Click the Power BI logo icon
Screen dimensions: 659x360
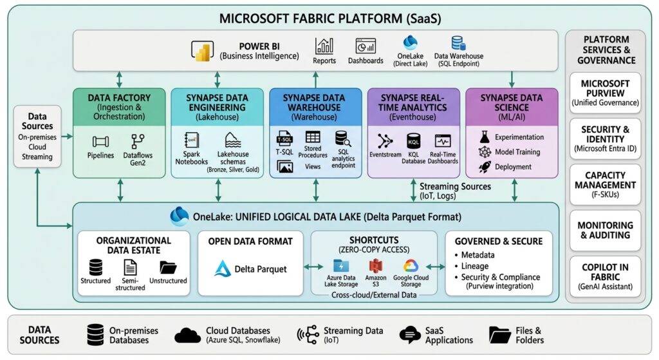202,51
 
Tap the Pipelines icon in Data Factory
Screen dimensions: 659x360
100,142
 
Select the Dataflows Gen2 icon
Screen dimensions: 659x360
138,141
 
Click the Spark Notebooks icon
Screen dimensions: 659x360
192,140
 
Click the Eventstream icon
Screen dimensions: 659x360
385,141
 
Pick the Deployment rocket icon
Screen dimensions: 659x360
485,167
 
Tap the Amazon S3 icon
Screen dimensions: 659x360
375,266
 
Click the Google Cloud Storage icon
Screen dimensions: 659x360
411,266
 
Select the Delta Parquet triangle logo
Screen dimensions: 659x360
222,269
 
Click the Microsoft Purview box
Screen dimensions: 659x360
605,93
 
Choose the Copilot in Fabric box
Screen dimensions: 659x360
605,276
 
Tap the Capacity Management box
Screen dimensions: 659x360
605,184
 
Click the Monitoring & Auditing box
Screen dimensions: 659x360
605,230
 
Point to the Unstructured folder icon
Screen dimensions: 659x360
168,267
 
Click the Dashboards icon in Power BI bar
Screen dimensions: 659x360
366,46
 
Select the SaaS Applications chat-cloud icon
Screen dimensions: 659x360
410,335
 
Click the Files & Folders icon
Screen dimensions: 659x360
499,335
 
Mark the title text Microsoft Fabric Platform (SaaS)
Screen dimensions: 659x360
330,19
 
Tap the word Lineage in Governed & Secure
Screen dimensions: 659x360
474,266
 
